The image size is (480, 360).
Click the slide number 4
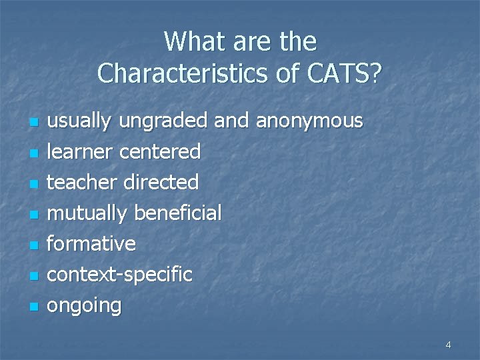tap(448, 345)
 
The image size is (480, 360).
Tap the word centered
tap(160, 151)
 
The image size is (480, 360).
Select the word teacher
tap(83, 182)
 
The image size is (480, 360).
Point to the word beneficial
tap(178, 213)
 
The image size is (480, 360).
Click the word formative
tap(91, 244)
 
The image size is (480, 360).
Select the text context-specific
tap(120, 275)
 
